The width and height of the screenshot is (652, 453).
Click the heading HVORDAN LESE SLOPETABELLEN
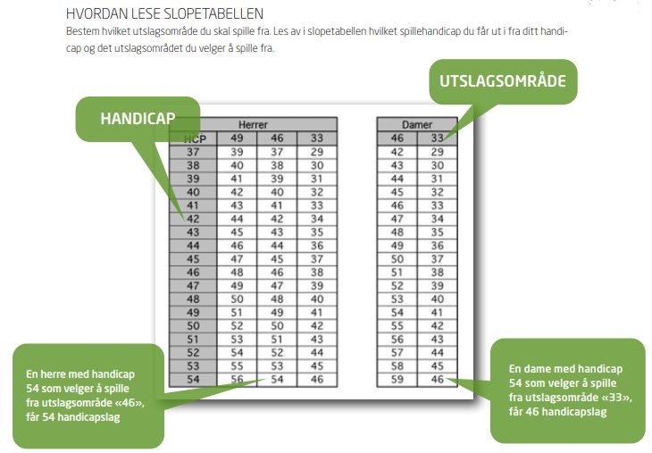(x=164, y=13)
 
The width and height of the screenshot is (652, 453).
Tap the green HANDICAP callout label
(x=138, y=119)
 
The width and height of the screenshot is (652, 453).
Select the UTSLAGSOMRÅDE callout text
(x=503, y=80)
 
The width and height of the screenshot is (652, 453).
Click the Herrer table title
(x=253, y=124)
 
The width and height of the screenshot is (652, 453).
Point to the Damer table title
(x=417, y=124)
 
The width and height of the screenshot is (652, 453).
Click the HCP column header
(x=195, y=138)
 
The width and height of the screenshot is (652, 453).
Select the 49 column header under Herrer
(x=237, y=138)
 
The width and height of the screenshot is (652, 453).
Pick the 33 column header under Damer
(x=437, y=138)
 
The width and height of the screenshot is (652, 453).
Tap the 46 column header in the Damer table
(x=397, y=138)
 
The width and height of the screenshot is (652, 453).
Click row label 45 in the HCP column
(x=193, y=259)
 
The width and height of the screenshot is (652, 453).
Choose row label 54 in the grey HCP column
(x=193, y=380)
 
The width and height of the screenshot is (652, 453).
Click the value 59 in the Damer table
(x=397, y=380)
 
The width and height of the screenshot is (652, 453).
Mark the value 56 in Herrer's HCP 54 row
(x=237, y=380)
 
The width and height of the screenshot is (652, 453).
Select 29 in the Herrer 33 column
(x=317, y=152)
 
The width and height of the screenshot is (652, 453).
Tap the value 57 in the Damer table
(x=397, y=353)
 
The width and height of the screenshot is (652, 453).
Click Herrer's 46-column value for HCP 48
(x=277, y=299)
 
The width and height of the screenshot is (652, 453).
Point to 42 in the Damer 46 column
(x=397, y=152)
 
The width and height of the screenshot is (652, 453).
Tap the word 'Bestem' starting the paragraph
(x=83, y=31)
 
